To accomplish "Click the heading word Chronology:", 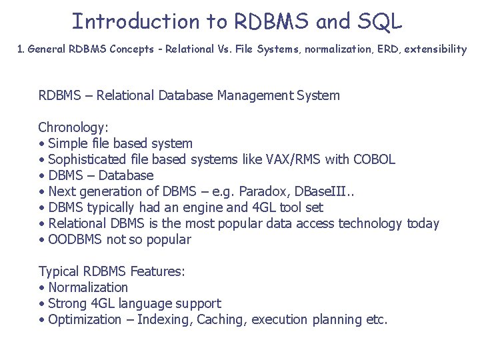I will [x=73, y=127].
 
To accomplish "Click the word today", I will [x=423, y=223].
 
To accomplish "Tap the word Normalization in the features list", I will [x=88, y=287].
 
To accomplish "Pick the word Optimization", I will [x=85, y=319].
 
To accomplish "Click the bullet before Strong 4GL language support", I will [x=42, y=304].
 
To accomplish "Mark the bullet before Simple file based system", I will [x=42, y=144].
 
